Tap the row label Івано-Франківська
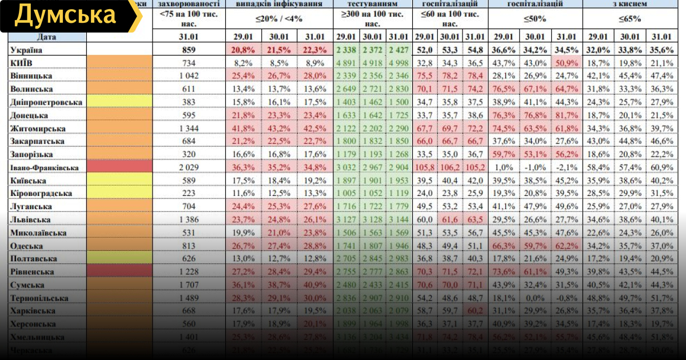click(43, 167)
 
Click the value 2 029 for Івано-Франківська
click(189, 167)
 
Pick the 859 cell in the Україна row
click(189, 50)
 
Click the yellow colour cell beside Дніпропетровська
click(119, 102)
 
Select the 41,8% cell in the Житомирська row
click(243, 128)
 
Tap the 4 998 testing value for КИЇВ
click(399, 63)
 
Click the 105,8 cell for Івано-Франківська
click(425, 167)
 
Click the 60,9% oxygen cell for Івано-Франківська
click(663, 167)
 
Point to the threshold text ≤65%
click(629, 19)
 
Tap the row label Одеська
click(27, 246)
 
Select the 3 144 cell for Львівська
click(399, 219)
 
